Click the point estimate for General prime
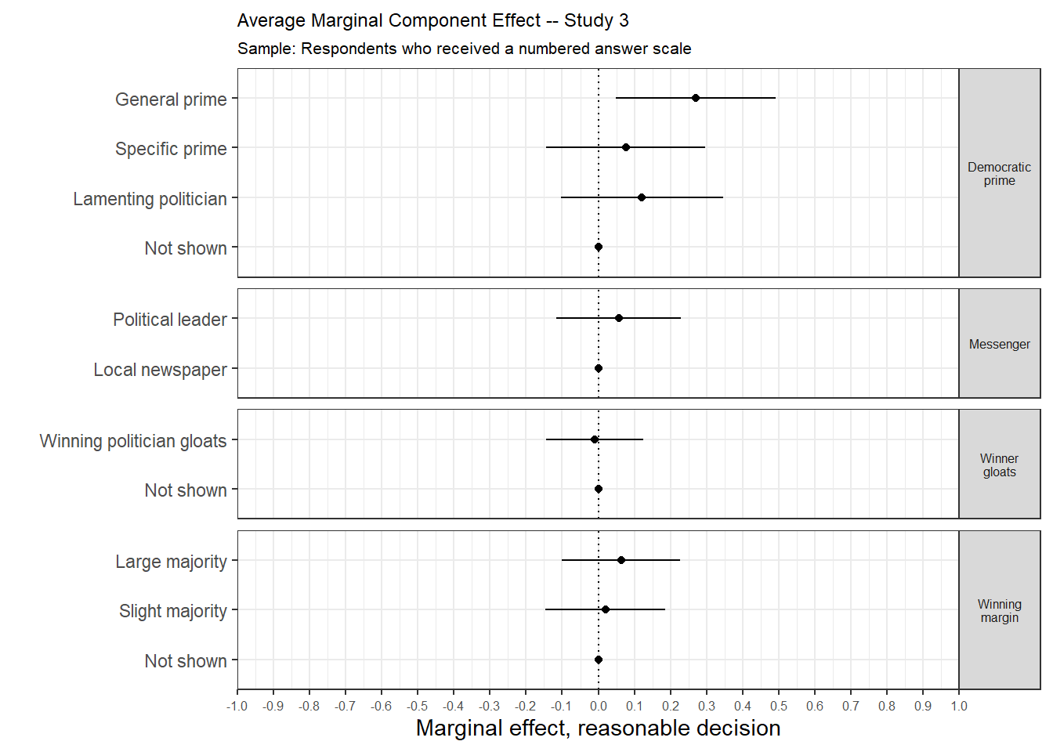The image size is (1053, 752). pos(696,98)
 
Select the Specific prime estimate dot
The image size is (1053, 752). pos(626,147)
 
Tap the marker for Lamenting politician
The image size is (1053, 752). pos(642,197)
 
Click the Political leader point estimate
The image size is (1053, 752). pos(619,318)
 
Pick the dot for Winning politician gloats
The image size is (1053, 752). pos(595,439)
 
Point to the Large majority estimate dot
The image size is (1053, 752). pos(621,560)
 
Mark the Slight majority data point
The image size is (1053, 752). pos(606,609)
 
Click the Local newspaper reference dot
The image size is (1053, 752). pos(599,368)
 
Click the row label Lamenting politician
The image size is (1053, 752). pos(150,199)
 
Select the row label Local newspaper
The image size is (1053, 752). pos(160,370)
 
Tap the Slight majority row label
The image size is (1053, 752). pos(172,611)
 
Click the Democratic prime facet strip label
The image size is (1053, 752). pos(999,174)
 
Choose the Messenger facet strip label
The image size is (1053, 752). pos(999,345)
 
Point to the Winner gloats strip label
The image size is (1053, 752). pos(999,465)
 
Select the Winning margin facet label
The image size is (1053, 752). pos(999,611)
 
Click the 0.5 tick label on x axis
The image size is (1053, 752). pos(779,707)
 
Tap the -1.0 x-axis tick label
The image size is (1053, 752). pos(237,707)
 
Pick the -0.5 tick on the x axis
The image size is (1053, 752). pos(417,707)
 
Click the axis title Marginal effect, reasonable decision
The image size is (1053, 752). pos(598,728)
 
